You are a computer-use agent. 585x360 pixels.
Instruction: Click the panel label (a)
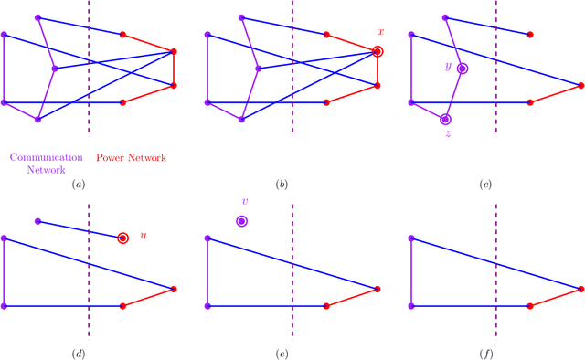(x=79, y=185)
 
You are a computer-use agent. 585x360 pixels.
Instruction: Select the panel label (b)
(x=282, y=185)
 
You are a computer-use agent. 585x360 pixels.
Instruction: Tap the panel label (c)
(x=485, y=185)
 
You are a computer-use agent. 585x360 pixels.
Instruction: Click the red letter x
(x=380, y=32)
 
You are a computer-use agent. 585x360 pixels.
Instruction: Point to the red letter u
(x=144, y=236)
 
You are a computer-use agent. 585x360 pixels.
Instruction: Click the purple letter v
(x=244, y=202)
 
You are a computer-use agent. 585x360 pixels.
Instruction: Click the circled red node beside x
(x=378, y=52)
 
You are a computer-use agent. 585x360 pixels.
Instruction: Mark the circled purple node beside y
(x=463, y=69)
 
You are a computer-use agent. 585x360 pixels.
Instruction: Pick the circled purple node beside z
(x=445, y=119)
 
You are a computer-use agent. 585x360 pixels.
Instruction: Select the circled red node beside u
(x=122, y=238)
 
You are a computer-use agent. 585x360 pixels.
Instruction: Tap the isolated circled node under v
(x=241, y=221)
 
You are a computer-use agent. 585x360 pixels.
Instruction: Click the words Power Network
(x=132, y=158)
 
